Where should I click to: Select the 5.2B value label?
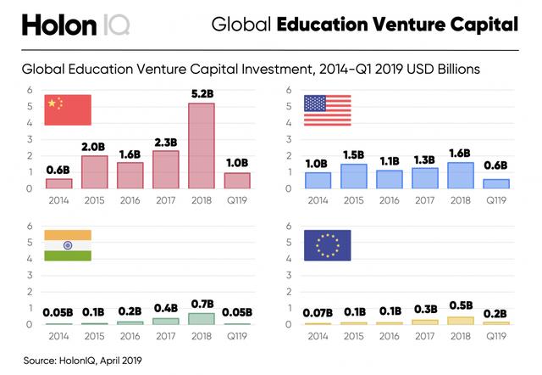(x=202, y=94)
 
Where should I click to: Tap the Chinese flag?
(x=68, y=110)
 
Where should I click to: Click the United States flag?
(x=327, y=110)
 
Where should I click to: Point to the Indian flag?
(x=68, y=245)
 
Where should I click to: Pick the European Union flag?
(x=327, y=245)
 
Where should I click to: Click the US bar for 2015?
(x=354, y=176)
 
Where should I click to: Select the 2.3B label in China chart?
(x=165, y=143)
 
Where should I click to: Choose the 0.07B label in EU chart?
(x=318, y=314)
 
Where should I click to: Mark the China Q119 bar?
(x=237, y=180)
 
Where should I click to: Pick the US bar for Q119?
(x=496, y=183)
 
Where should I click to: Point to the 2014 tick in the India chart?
(x=58, y=336)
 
